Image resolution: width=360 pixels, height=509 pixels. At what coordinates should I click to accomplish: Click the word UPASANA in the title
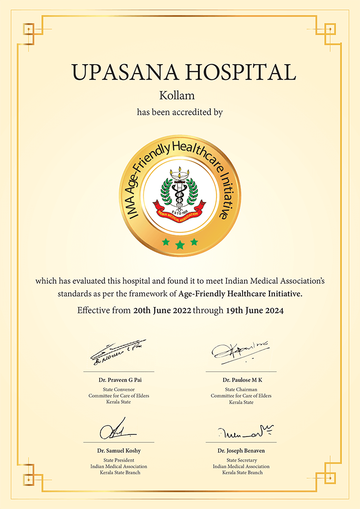(x=125, y=72)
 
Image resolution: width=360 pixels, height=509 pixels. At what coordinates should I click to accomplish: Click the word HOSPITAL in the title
(x=241, y=72)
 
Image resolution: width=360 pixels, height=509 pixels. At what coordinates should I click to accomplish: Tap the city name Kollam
(x=180, y=95)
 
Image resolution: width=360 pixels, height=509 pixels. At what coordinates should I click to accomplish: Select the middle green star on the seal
(x=180, y=245)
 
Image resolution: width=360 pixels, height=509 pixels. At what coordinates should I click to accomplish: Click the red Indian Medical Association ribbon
(x=180, y=211)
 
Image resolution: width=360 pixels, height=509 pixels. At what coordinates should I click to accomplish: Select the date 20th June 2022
(x=162, y=311)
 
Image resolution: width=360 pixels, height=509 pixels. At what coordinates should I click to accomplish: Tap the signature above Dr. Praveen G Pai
(x=117, y=351)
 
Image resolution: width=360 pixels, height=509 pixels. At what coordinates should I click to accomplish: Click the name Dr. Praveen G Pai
(x=119, y=380)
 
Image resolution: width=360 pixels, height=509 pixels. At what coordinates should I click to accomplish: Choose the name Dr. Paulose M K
(x=241, y=380)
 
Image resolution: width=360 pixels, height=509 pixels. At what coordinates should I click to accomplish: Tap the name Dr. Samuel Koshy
(x=119, y=451)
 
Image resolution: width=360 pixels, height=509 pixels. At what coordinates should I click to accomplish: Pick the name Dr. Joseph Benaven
(x=241, y=451)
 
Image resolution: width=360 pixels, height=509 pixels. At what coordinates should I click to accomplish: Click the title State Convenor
(x=119, y=389)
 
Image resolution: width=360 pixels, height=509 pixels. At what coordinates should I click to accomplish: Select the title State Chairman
(x=241, y=389)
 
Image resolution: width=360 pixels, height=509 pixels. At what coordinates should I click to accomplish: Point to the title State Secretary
(x=241, y=460)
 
